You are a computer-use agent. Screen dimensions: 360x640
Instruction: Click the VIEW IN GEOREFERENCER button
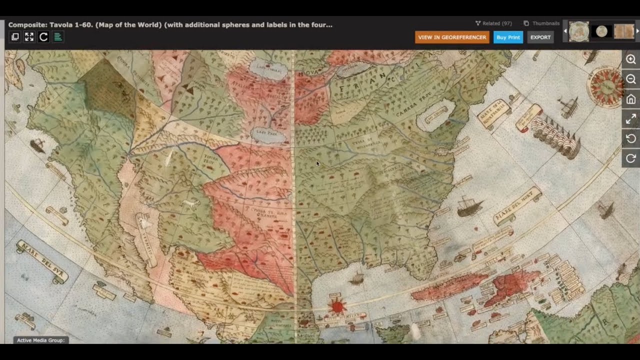coord(452,37)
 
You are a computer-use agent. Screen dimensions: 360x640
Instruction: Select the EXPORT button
coord(540,37)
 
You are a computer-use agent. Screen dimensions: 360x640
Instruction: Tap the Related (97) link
coord(493,23)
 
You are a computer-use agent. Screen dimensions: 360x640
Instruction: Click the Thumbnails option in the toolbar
coord(541,23)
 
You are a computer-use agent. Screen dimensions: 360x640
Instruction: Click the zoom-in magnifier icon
coord(631,59)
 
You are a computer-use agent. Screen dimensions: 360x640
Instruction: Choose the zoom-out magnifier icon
coord(631,79)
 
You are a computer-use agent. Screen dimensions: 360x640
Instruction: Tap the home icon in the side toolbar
coord(631,99)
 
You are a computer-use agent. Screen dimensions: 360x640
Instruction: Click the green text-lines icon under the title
coord(58,37)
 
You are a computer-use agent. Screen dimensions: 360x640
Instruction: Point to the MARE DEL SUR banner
coord(42,261)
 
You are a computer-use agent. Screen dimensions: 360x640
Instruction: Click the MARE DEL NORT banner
coord(517,205)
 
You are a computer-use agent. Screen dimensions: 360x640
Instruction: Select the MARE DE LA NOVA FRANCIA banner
coord(493,113)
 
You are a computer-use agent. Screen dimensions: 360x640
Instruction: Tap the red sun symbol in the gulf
coord(337,305)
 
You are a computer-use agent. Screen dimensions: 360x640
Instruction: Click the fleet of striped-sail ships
coord(555,135)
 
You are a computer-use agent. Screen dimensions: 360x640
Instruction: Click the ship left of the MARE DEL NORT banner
coord(468,206)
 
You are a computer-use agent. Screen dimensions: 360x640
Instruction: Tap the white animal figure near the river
coord(190,203)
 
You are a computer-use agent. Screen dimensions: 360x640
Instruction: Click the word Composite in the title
coord(27,24)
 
